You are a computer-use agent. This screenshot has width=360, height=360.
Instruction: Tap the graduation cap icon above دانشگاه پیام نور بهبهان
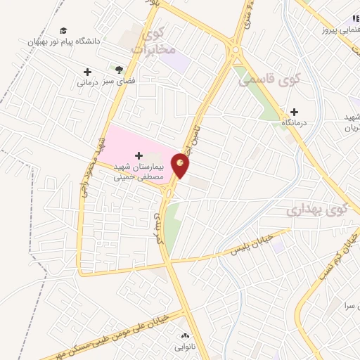tap(64, 31)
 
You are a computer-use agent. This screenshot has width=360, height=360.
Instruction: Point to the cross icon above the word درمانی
tap(87, 72)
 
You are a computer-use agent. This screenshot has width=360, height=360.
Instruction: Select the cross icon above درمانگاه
tap(294, 112)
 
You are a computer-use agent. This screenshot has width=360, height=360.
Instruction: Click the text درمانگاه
tap(297, 123)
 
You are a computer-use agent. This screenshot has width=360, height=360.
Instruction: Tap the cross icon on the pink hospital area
tap(138, 155)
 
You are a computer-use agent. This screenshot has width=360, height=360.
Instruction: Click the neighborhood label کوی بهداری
tap(318, 210)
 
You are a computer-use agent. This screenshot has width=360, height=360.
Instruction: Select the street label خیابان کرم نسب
tap(343, 260)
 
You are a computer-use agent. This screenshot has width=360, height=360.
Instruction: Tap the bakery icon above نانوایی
tap(186, 336)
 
